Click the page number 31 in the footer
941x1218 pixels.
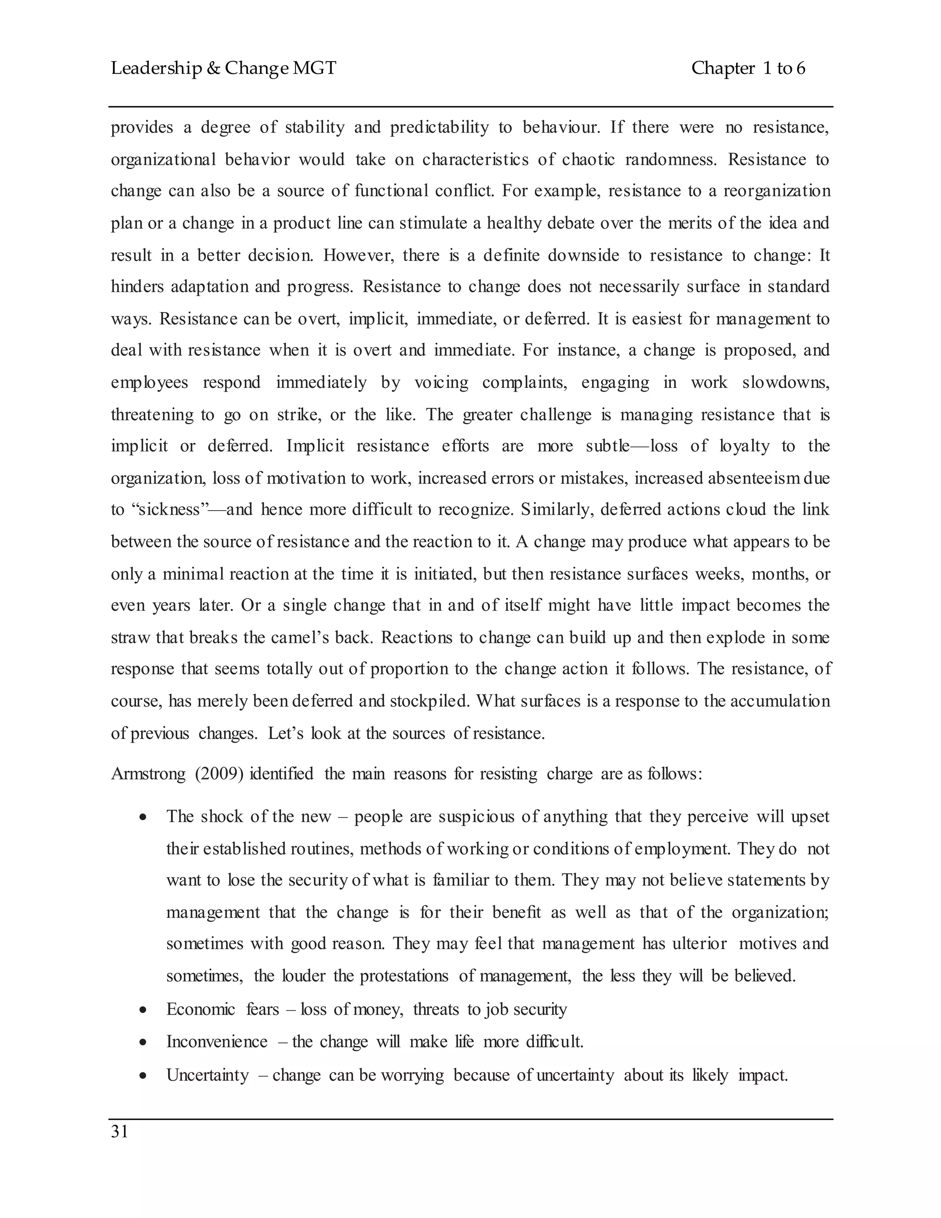pos(120,1132)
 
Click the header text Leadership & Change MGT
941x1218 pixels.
pos(224,68)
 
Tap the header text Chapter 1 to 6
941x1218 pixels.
pos(748,68)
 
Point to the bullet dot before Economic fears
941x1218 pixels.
pos(143,1010)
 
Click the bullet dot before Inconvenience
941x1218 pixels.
pos(143,1042)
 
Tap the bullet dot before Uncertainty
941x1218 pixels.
pos(143,1075)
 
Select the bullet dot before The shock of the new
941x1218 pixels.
pos(143,818)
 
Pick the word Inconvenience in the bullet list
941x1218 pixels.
pos(217,1042)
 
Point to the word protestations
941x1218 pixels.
pos(403,976)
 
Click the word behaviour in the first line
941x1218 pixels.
pos(561,128)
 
